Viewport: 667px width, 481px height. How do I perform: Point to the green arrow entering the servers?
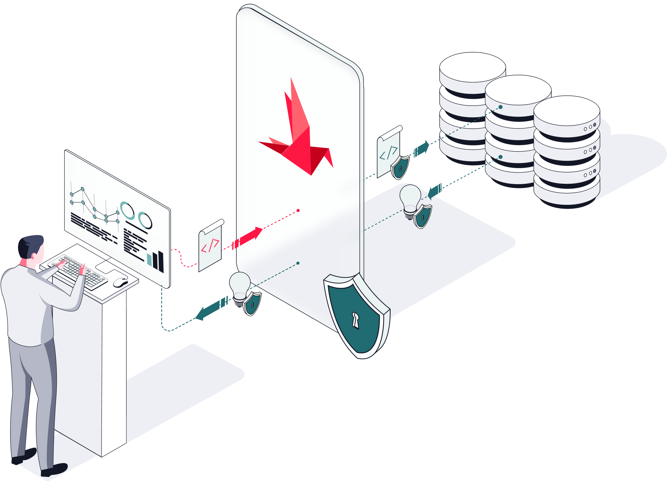(x=422, y=148)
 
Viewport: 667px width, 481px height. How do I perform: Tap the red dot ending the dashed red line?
(x=298, y=211)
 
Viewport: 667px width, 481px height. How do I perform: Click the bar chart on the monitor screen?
(x=156, y=260)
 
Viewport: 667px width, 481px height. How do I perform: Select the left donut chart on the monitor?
(x=127, y=211)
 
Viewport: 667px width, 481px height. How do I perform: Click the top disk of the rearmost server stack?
(x=472, y=67)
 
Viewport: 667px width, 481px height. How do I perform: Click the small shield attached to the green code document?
(x=400, y=167)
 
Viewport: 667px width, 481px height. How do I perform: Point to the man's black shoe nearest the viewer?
(x=54, y=470)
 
